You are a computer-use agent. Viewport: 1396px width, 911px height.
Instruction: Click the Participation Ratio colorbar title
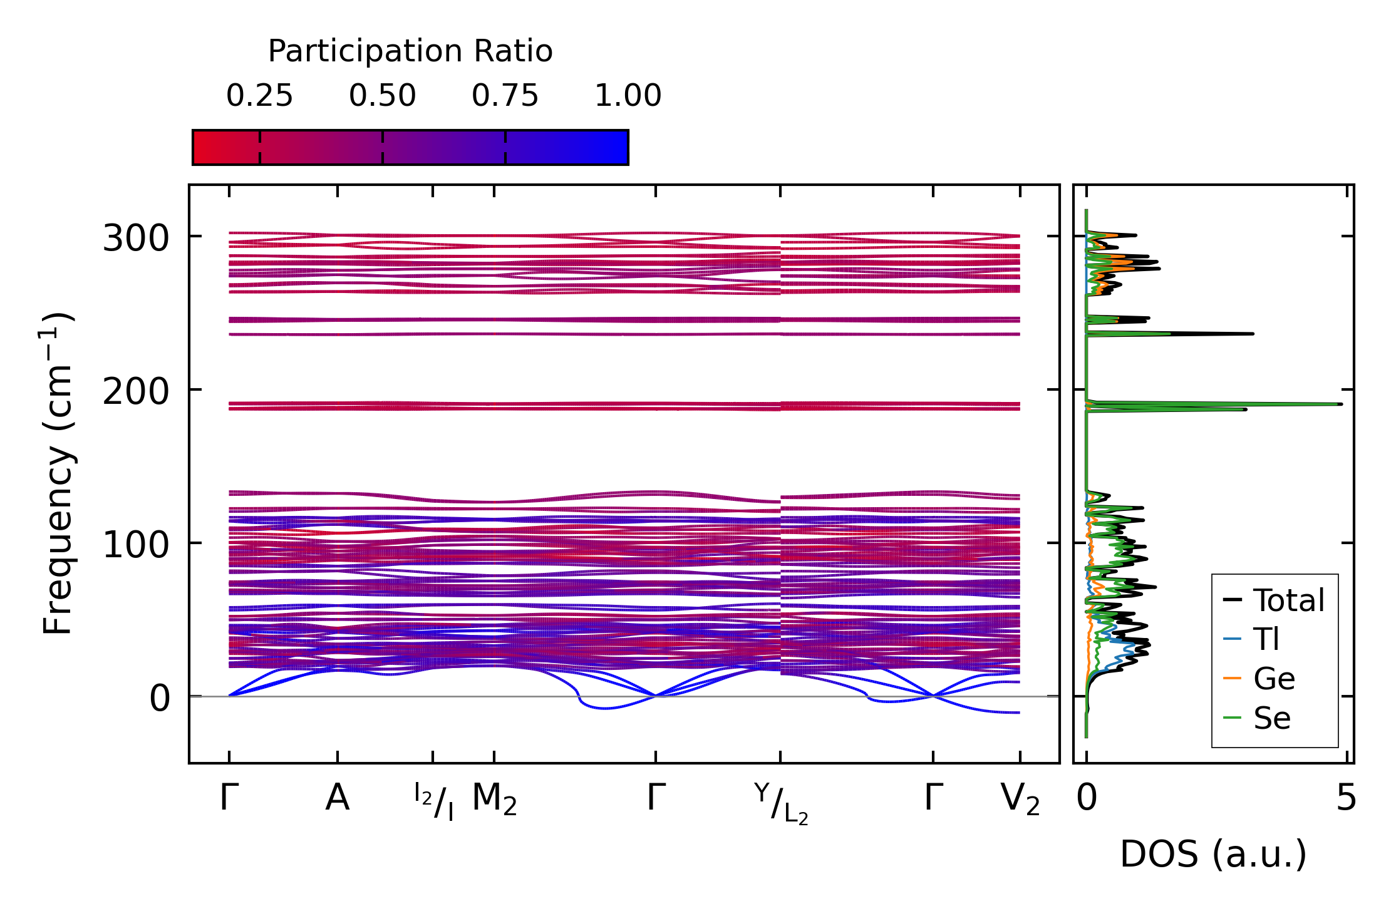coord(410,51)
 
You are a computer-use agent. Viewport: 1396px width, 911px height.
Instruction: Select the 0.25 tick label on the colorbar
coord(259,96)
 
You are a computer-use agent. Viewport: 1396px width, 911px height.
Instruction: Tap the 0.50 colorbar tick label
coord(382,96)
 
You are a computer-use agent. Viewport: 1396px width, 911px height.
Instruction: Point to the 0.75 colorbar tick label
coord(505,96)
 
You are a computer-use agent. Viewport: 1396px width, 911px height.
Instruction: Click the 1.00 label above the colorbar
coord(628,96)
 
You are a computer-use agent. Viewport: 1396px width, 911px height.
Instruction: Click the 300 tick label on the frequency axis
coord(136,239)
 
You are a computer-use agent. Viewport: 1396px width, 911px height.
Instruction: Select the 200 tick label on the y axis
coord(136,393)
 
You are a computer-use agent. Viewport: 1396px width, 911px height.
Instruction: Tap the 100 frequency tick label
coord(136,545)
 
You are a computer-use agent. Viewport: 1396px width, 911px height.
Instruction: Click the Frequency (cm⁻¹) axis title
coord(58,473)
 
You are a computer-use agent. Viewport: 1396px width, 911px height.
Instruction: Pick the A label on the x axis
coord(337,799)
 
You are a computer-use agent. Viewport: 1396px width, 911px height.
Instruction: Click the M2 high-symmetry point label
coord(494,800)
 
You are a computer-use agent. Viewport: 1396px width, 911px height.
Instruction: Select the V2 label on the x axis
coord(1020,800)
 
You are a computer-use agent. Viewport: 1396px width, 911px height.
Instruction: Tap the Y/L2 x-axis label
coord(781,804)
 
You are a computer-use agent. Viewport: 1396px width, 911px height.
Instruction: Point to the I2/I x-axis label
coord(433,801)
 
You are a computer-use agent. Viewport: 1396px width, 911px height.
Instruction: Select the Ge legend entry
coord(1274,679)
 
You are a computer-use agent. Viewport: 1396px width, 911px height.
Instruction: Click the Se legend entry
coord(1272,718)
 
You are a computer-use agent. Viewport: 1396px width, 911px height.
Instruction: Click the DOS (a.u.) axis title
coord(1213,855)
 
